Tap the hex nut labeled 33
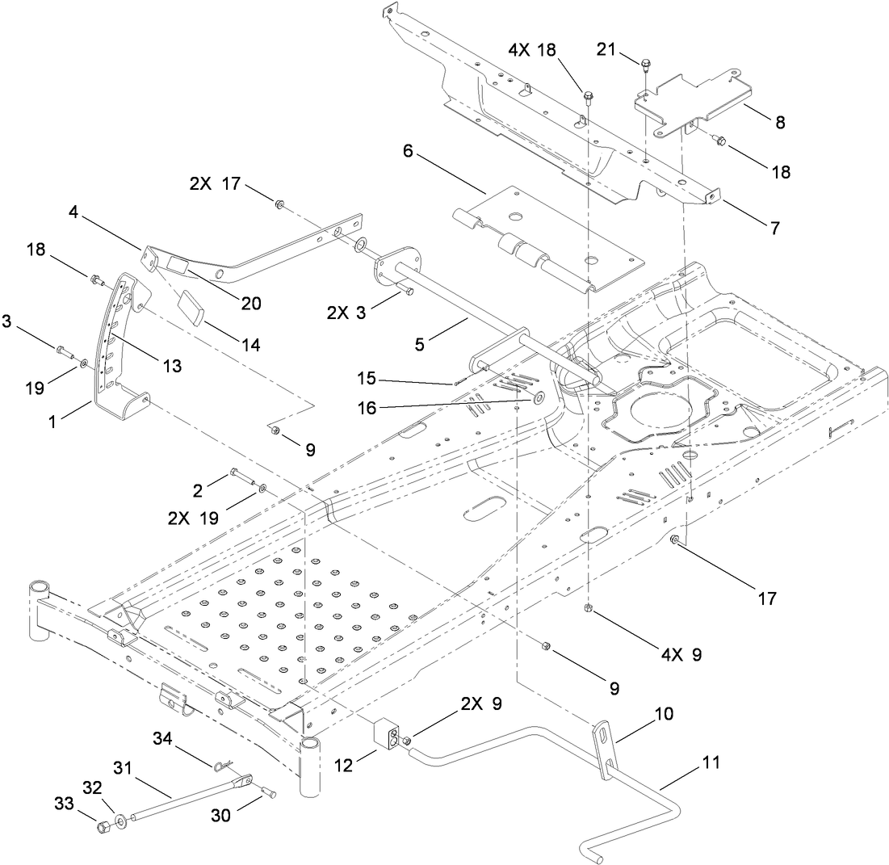point(103,827)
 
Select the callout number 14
point(250,344)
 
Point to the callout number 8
point(779,122)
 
